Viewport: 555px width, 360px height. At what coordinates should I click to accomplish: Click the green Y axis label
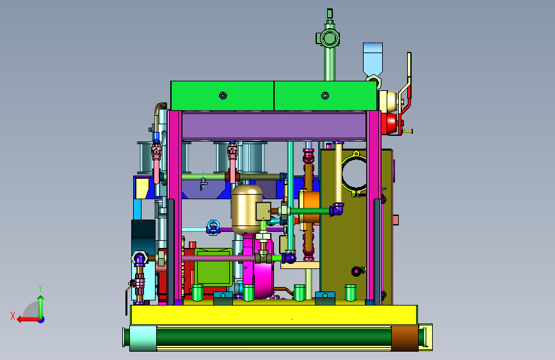coord(40,288)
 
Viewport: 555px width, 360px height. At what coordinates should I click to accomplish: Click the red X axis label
coord(13,316)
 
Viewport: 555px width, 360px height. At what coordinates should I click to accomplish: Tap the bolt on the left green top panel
coord(223,95)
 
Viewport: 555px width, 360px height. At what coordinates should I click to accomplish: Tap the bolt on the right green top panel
coord(325,95)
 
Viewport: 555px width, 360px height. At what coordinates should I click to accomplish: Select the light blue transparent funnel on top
coord(373,60)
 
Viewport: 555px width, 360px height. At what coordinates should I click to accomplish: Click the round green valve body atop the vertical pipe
coord(328,38)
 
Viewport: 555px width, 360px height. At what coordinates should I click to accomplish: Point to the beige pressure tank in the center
coord(246,209)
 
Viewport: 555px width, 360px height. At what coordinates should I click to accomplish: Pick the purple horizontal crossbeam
coord(273,126)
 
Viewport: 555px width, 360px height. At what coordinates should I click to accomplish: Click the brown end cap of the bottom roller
coord(405,338)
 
